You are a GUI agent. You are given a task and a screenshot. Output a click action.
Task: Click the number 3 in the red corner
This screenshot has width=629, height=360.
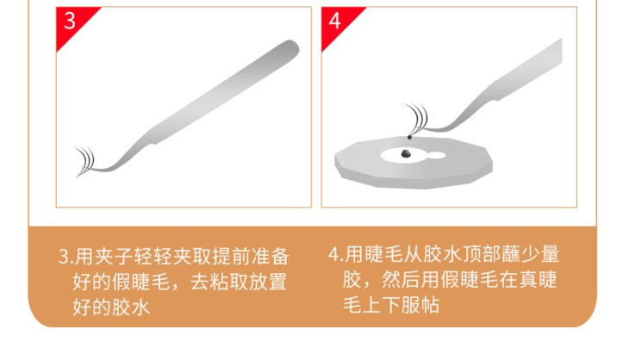tap(70, 21)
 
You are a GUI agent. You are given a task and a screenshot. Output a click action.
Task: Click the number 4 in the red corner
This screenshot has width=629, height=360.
tap(335, 21)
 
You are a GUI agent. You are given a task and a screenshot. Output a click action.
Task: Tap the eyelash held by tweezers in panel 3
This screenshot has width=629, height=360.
tap(85, 161)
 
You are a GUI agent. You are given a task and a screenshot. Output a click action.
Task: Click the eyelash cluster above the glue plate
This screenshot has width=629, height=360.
tap(417, 117)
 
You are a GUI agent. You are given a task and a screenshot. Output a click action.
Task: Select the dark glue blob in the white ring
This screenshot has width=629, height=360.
tap(406, 153)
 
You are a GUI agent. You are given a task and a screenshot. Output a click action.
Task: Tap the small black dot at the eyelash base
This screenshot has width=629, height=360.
tap(409, 138)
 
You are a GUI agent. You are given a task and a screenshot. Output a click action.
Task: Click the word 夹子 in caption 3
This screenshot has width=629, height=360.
tap(114, 257)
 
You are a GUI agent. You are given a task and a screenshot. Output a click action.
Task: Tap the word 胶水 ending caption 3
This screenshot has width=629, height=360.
tap(131, 307)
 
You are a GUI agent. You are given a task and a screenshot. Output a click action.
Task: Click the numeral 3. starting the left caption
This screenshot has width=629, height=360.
tap(66, 257)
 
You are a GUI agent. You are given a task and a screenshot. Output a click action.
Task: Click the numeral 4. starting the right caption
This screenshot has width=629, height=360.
tap(336, 254)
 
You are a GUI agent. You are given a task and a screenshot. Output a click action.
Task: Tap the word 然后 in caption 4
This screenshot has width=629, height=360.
tap(401, 279)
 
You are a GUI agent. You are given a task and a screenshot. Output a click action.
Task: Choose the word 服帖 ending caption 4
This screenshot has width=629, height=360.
tap(420, 305)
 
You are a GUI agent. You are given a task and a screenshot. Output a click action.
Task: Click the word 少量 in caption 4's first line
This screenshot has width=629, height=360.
tap(539, 254)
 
